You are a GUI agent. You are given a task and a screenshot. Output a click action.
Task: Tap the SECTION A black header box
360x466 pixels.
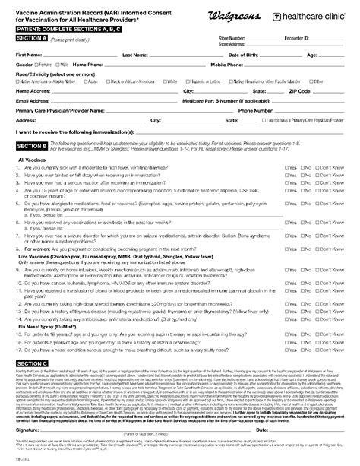(x=32, y=36)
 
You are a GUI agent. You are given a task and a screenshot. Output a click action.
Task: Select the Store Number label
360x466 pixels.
(x=232, y=37)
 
